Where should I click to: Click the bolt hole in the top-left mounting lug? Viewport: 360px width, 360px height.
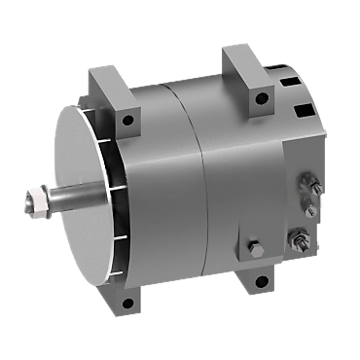click(x=126, y=122)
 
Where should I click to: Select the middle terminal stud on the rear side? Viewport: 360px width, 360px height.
click(x=311, y=208)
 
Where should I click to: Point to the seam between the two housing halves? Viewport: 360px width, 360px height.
click(x=200, y=185)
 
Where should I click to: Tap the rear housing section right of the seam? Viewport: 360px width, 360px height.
click(x=243, y=175)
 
